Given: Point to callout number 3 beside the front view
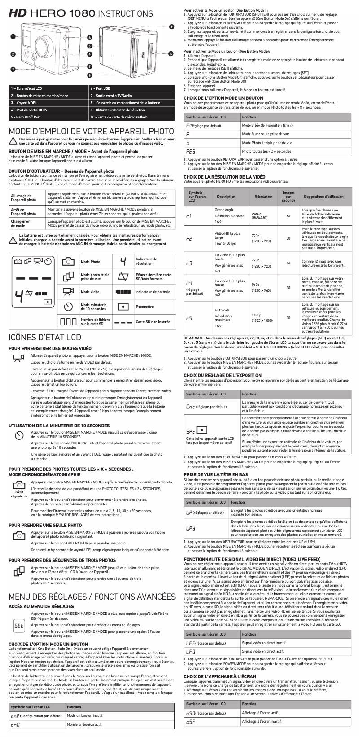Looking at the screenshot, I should (14, 69).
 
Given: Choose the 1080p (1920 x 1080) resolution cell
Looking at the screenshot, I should (262, 318).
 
